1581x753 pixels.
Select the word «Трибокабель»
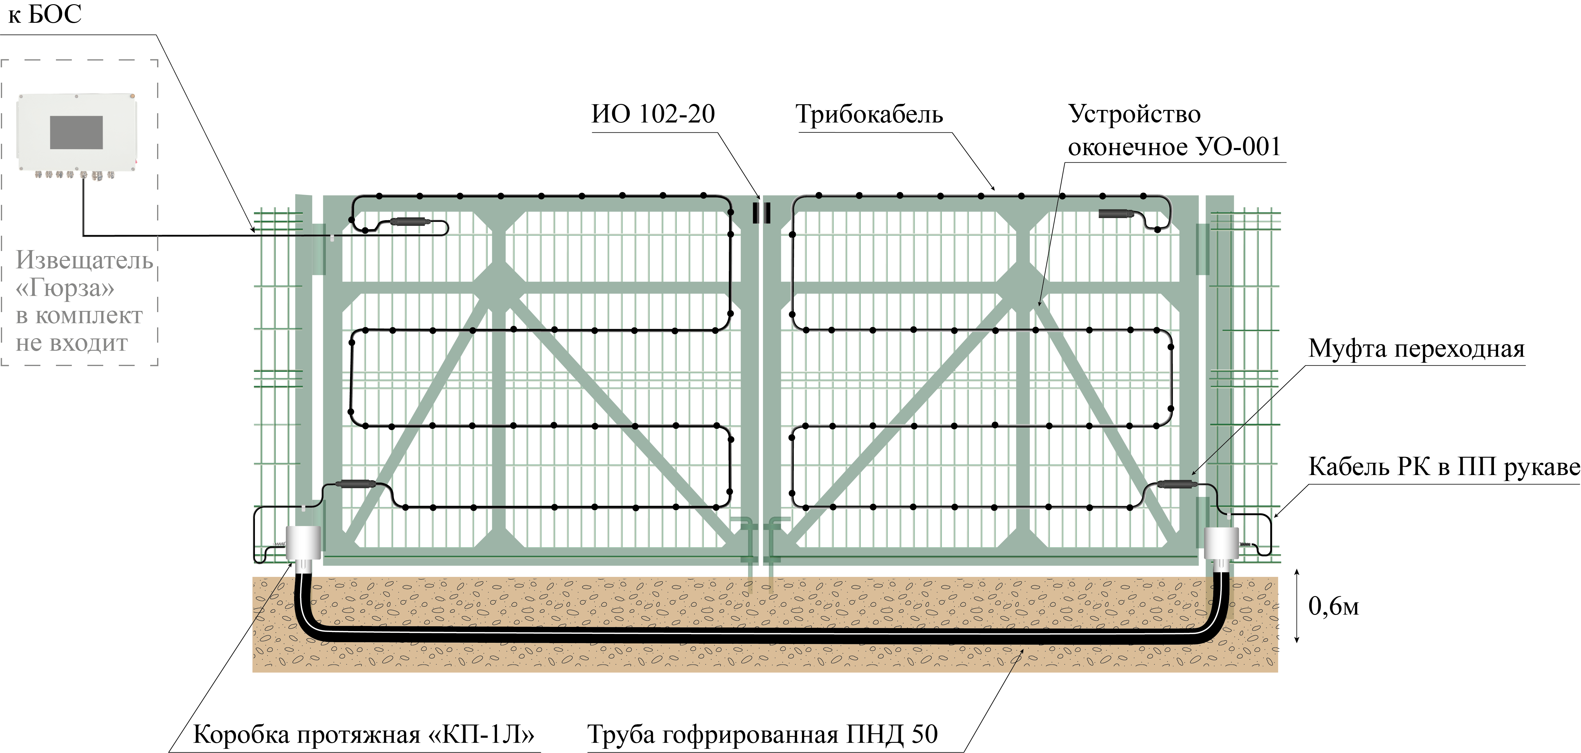tap(869, 115)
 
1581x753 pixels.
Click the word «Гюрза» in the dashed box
tap(66, 288)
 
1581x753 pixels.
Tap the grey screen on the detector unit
tap(76, 132)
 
